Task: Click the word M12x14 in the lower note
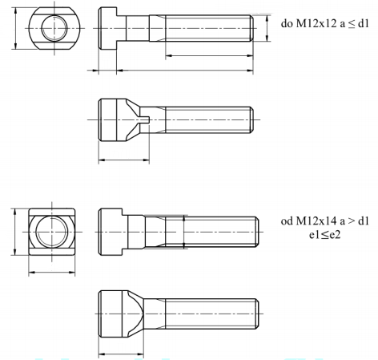tap(312, 220)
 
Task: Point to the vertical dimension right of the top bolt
tap(262, 30)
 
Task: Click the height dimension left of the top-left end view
tap(15, 30)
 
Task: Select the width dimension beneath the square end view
tap(52, 272)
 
